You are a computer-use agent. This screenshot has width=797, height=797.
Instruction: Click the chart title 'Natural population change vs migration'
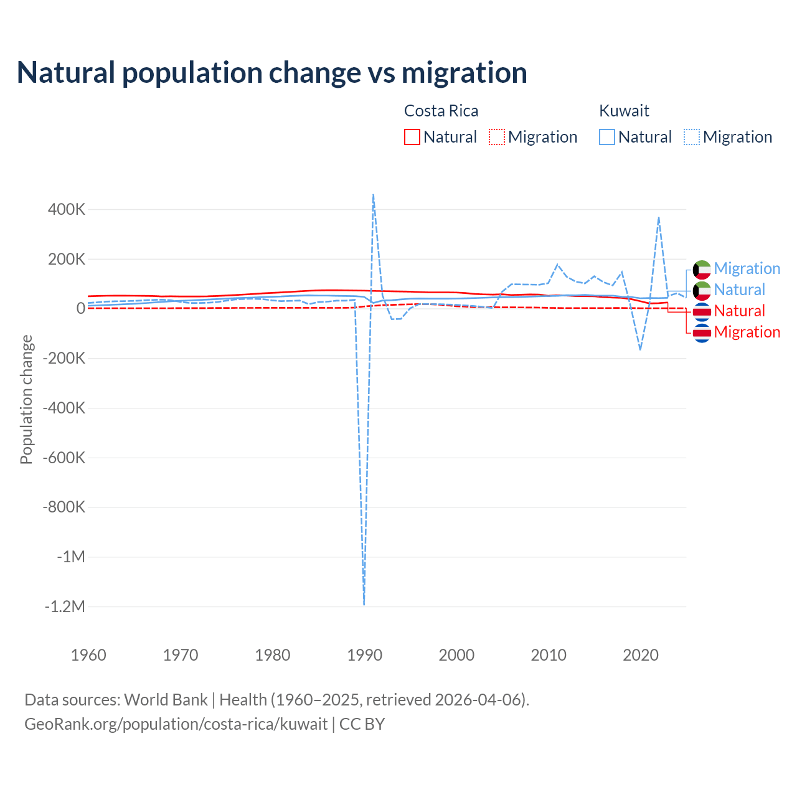point(271,73)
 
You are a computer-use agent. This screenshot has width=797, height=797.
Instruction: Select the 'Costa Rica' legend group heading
point(441,111)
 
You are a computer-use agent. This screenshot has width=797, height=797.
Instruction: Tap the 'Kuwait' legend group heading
point(624,111)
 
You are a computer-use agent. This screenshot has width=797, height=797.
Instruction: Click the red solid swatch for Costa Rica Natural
point(412,137)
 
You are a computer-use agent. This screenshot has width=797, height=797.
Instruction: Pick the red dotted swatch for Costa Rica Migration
point(497,137)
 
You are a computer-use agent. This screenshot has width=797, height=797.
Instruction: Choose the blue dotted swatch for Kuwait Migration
point(692,137)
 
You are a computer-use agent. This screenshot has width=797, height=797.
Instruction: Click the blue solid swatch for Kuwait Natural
point(607,137)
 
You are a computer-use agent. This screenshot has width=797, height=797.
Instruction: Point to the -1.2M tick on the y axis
point(65,606)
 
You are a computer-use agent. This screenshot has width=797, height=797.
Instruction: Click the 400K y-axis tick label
point(67,209)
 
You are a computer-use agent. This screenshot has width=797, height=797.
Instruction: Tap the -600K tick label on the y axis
point(64,458)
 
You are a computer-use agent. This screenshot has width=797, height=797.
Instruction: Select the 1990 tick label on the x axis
point(364,655)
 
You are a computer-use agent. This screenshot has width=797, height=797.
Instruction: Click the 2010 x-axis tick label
point(549,655)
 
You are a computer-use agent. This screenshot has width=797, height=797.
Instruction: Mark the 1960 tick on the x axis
point(88,655)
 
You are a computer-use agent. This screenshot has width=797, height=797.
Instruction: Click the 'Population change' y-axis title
point(26,399)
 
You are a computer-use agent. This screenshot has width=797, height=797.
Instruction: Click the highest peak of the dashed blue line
point(373,194)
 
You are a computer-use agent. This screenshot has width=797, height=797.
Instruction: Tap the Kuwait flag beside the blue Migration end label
point(702,269)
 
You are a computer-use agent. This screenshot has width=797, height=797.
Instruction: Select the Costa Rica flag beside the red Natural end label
point(702,311)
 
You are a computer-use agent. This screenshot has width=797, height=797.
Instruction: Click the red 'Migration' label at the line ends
point(747,332)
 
